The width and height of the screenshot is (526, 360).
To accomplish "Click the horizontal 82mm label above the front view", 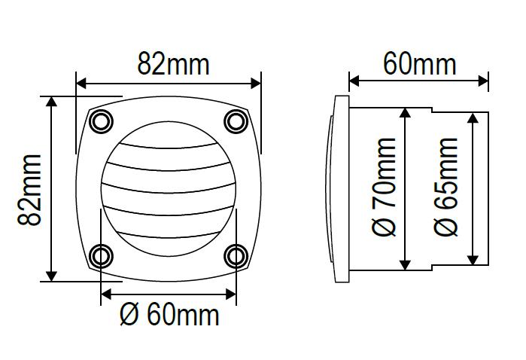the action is point(173,63).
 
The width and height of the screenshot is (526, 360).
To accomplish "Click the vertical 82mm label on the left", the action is point(29,190).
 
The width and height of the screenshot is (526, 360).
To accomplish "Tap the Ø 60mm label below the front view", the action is point(169,315).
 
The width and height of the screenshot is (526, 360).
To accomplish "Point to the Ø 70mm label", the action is point(384,187).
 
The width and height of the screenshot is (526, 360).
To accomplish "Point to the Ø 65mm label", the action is point(445,187).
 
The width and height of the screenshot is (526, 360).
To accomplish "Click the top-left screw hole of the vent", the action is point(102,121).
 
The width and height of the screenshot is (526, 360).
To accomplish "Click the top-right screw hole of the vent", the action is point(236,121).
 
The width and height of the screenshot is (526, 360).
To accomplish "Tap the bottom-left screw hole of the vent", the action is point(102,257).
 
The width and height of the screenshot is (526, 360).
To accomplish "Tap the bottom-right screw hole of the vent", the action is point(236,257).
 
